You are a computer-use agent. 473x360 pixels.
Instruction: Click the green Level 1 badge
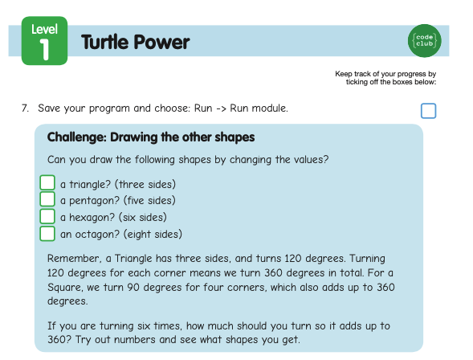(x=45, y=41)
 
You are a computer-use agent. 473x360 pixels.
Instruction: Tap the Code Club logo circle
(x=425, y=41)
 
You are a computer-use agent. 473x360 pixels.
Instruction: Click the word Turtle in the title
(x=105, y=42)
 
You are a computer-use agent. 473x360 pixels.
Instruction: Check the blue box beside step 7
(x=428, y=111)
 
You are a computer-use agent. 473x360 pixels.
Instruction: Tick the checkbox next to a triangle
(x=47, y=182)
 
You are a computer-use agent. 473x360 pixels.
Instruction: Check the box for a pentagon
(x=47, y=199)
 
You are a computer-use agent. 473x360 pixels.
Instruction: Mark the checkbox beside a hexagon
(x=47, y=216)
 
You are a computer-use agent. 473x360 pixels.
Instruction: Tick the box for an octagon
(x=47, y=234)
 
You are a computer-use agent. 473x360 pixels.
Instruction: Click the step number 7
(x=25, y=108)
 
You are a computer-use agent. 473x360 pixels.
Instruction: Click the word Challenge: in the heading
(x=76, y=137)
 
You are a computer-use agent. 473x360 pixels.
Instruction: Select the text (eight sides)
(x=153, y=234)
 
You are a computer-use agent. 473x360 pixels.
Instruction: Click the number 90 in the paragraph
(x=133, y=287)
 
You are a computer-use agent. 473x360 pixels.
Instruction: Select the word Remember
(x=73, y=259)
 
